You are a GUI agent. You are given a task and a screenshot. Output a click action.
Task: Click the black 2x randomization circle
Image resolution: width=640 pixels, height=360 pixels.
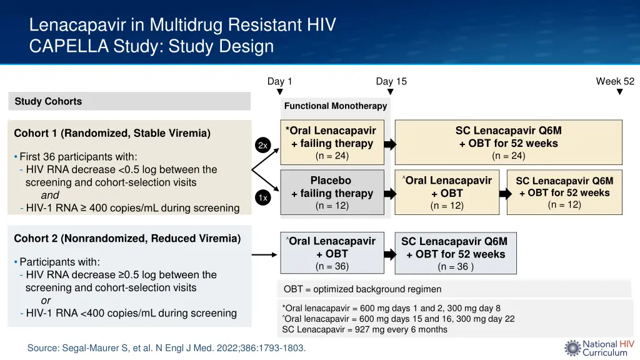[262, 145]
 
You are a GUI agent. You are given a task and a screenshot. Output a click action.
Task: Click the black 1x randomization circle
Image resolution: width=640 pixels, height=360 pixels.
[262, 197]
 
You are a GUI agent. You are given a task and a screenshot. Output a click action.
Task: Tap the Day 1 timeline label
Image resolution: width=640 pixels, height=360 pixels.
[279, 81]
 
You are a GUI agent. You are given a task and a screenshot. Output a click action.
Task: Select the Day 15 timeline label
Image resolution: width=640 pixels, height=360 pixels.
[391, 81]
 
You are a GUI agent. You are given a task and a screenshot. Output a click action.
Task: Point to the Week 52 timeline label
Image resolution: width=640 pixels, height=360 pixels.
[615, 81]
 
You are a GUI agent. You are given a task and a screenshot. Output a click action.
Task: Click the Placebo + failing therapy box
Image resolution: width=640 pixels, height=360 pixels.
[332, 192]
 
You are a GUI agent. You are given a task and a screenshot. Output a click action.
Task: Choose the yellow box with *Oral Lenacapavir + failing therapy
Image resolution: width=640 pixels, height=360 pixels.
[332, 142]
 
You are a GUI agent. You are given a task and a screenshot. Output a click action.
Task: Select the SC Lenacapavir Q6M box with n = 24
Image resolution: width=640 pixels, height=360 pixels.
[508, 142]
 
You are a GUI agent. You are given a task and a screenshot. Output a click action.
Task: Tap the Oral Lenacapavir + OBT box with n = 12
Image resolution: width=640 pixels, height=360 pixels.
[447, 192]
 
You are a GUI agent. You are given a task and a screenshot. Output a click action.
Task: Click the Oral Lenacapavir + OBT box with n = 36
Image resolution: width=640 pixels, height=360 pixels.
[332, 253]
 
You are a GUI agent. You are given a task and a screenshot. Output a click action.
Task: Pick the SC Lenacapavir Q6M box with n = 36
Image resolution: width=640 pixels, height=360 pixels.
[455, 254]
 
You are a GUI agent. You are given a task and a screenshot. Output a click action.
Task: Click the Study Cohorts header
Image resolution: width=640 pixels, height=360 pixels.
[48, 101]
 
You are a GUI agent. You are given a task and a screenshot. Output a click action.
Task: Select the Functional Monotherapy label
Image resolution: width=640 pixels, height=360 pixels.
[335, 106]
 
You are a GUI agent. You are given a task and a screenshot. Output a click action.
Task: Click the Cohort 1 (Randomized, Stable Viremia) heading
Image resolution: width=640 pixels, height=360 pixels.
[112, 133]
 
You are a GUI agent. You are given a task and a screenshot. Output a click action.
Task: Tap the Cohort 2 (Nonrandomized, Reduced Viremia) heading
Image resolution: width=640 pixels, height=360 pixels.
[127, 238]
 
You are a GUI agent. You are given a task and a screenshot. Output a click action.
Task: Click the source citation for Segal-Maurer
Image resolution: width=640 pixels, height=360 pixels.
[166, 348]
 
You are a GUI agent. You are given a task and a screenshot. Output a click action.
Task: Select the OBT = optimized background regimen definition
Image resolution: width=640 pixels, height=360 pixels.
[362, 289]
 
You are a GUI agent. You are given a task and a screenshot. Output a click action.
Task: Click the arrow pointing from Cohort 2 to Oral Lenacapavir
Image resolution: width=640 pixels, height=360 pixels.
[264, 254]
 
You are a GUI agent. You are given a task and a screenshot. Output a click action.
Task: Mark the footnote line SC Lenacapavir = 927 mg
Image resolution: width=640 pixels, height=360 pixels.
[364, 329]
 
